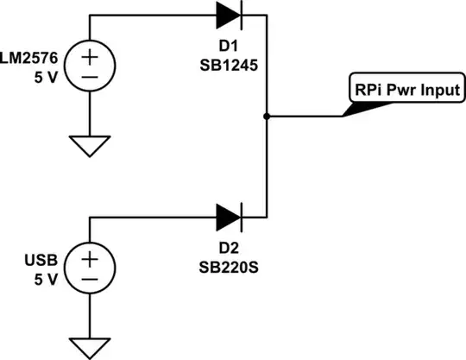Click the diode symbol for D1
[230, 15]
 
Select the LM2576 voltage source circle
[90, 66]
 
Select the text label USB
[41, 260]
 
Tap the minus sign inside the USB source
[90, 279]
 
